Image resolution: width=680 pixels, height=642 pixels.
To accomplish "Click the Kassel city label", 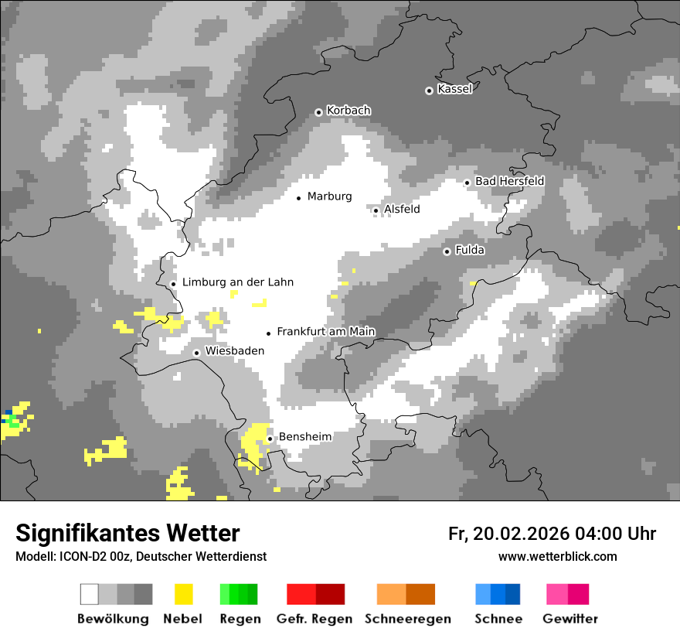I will click(454, 89).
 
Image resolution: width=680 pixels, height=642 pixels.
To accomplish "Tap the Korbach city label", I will click(348, 111).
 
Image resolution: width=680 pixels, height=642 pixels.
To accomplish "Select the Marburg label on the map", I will click(329, 196).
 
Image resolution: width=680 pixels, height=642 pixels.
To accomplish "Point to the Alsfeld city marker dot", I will click(376, 210).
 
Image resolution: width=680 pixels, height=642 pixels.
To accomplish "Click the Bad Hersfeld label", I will click(509, 181).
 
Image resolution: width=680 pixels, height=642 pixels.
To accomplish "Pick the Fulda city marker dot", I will click(447, 251).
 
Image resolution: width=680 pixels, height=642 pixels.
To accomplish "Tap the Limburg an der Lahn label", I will click(237, 282).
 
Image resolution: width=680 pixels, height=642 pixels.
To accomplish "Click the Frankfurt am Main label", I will click(325, 332).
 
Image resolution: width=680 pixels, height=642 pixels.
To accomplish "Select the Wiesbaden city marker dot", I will click(197, 353).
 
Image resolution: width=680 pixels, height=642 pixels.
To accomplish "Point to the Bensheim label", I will click(304, 437).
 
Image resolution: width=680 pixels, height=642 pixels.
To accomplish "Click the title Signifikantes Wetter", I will click(127, 534).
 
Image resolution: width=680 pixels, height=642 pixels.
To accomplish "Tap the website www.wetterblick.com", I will click(557, 557).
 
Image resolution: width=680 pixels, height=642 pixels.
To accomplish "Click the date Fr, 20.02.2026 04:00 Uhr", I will click(552, 534).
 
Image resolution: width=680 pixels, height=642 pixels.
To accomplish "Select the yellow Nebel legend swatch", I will click(184, 594).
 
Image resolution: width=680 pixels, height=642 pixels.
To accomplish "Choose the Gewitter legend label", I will click(569, 619).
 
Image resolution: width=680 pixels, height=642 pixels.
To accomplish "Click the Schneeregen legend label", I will click(406, 619).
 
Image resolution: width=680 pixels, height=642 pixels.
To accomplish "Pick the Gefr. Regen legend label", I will click(314, 619).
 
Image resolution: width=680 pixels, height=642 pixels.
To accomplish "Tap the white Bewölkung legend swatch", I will click(90, 594).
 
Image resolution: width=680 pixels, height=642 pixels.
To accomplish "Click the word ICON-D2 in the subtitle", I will click(80, 557).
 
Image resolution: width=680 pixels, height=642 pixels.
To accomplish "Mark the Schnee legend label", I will click(498, 619).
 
